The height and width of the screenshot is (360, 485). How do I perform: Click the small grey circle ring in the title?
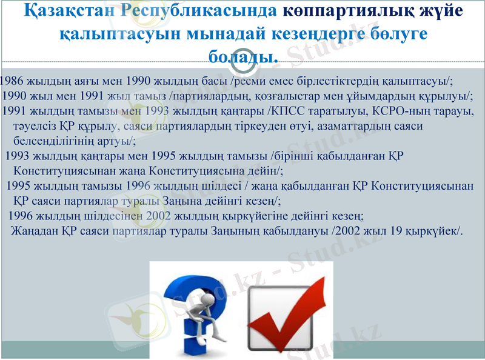[x=243, y=55]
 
